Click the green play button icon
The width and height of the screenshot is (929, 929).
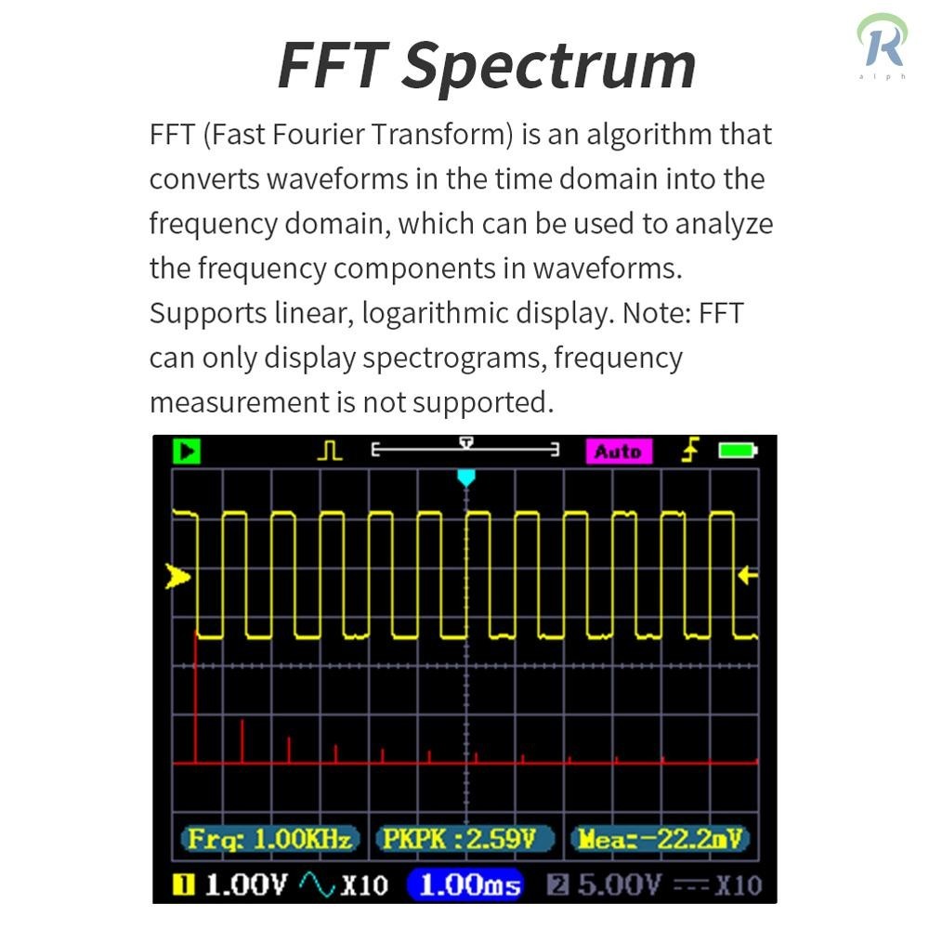coord(187,451)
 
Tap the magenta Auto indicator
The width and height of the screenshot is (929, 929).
coord(619,451)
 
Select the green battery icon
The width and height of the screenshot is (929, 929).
coord(738,451)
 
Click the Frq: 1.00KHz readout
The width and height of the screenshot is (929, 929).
coord(270,839)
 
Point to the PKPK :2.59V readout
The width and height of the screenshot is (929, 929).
coord(465,839)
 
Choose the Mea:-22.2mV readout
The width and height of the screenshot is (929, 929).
coord(660,839)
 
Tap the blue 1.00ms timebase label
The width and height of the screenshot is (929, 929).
coord(465,885)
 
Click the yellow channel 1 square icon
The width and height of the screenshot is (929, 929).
coord(183,885)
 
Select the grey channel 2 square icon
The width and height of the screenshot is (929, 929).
coord(557,885)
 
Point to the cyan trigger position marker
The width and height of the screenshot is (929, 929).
coord(466,478)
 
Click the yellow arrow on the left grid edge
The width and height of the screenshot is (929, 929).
coord(177,577)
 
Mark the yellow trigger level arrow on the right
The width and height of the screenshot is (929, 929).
coord(748,575)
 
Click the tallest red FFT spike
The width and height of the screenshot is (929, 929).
coord(196,697)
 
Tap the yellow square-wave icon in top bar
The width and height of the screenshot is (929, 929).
coord(330,451)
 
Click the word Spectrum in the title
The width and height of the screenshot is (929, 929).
coord(549,67)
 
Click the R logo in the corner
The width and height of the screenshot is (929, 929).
coord(883,45)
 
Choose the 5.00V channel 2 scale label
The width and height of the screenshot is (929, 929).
coord(619,885)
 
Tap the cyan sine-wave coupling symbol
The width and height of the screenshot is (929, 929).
coord(318,884)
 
